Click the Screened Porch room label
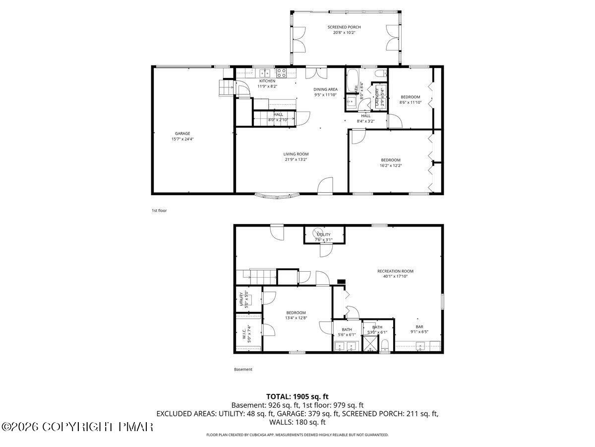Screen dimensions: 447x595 (344, 27)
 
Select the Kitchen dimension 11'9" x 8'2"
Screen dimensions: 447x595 (267, 86)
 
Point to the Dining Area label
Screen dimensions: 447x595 (325, 89)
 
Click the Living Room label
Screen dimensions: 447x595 (296, 154)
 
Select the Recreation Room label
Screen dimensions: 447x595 (395, 271)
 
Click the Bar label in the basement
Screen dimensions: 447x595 (419, 327)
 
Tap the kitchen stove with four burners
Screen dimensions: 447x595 (281, 74)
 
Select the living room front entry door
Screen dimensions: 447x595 (325, 186)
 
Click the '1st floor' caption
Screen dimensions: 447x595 (159, 211)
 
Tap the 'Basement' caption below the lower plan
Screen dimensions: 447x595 (243, 370)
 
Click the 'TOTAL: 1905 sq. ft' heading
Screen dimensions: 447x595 (297, 396)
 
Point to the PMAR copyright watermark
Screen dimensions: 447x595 (77, 427)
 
